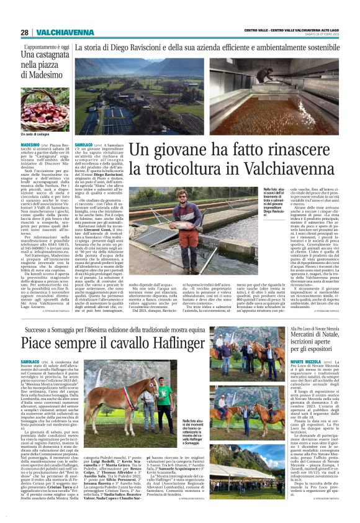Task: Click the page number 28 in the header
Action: pos(24,32)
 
